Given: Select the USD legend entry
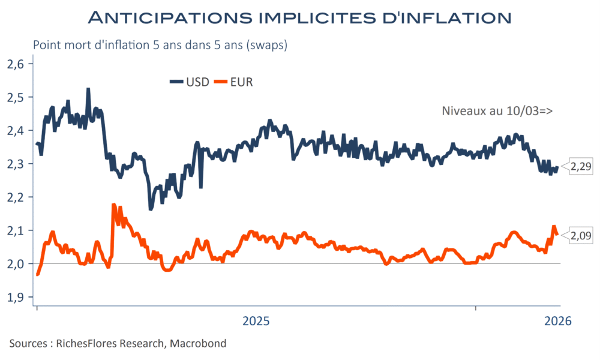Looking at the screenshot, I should [x=190, y=82].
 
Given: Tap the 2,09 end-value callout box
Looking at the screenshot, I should [x=580, y=236].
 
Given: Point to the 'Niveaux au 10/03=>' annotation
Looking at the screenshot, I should [x=497, y=111].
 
